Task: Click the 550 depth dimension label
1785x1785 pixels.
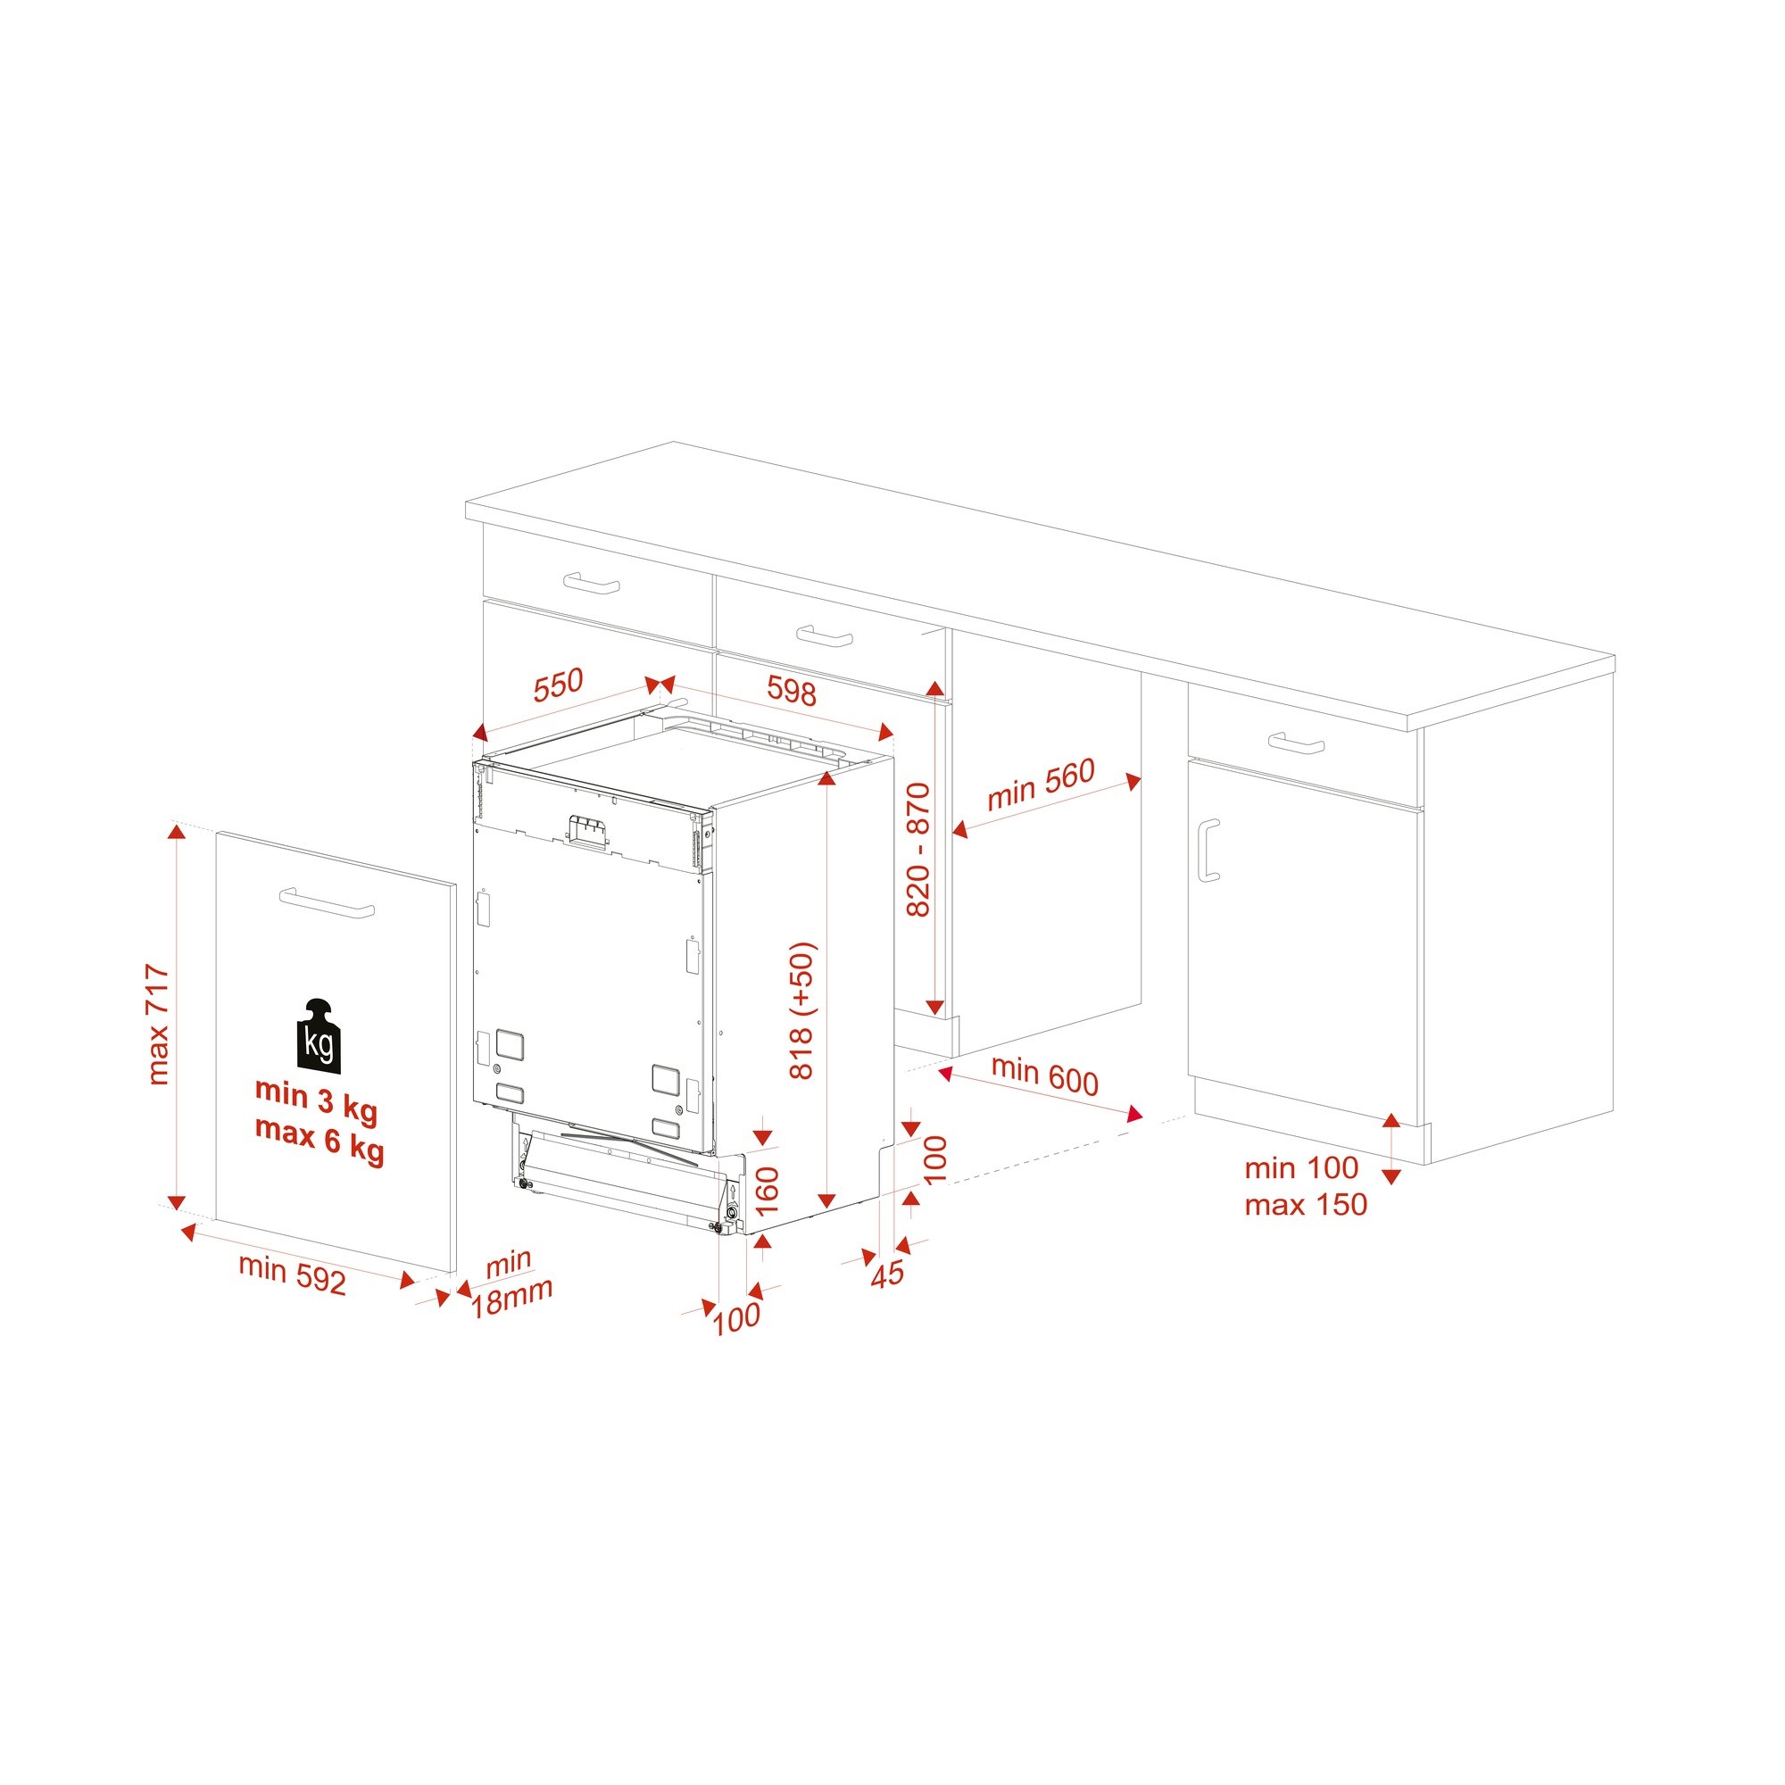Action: [x=559, y=685]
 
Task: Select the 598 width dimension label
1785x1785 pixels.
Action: [x=792, y=691]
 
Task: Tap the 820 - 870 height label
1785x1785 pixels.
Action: [x=917, y=850]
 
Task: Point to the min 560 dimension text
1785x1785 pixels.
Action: [x=1042, y=785]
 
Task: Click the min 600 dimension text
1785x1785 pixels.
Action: [x=1045, y=1075]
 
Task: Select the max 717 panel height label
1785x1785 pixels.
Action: [x=158, y=1024]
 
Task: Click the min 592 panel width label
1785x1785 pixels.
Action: [x=292, y=1274]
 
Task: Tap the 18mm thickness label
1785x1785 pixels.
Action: [x=511, y=1298]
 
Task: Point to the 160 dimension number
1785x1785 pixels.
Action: [x=768, y=1191]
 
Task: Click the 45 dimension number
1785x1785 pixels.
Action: [x=888, y=1274]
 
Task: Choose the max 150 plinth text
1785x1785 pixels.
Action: [x=1306, y=1205]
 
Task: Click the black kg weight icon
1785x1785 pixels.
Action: [x=318, y=1036]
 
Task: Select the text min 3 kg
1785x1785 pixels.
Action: [x=316, y=1097]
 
